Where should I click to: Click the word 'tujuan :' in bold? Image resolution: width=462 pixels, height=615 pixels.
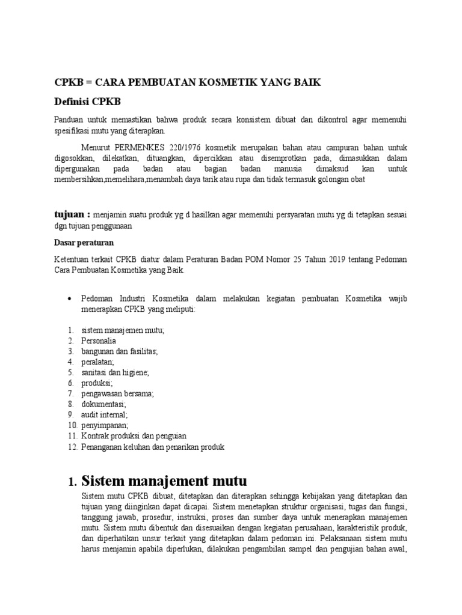[x=72, y=214]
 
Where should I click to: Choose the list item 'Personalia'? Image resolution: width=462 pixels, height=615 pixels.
[x=98, y=341]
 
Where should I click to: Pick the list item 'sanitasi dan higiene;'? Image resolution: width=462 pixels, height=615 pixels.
[x=114, y=372]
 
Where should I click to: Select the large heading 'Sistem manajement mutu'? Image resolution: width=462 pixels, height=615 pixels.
[x=164, y=481]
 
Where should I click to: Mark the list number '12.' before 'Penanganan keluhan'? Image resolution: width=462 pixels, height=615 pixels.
[x=72, y=447]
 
